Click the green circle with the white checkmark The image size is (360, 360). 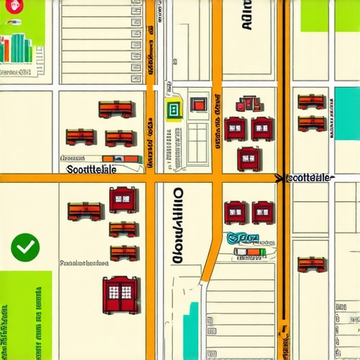26,246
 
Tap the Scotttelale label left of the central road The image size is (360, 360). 91,169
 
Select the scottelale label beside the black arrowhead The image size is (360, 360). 310,178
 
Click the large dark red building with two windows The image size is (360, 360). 120,293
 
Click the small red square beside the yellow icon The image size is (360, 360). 199,105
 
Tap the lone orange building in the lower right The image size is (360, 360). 311,264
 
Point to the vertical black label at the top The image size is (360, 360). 246,15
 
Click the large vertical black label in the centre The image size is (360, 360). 177,225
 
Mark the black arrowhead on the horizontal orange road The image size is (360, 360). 280,179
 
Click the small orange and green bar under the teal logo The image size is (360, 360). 250,251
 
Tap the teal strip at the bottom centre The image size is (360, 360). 191,330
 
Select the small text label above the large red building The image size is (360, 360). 84,264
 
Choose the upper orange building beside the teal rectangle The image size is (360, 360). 311,102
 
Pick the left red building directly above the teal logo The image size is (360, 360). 234,210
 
